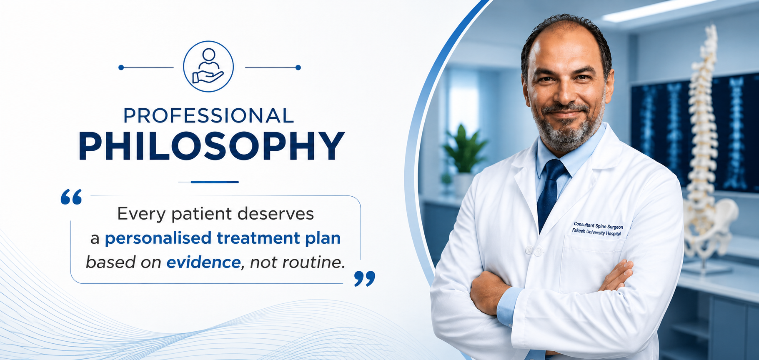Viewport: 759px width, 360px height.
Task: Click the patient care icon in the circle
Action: click(208, 66)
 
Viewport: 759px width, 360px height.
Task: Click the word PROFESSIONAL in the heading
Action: click(209, 116)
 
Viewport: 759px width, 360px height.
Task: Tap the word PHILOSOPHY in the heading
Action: click(212, 146)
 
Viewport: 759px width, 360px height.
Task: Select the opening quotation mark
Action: click(71, 197)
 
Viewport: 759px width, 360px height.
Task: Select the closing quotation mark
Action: click(365, 278)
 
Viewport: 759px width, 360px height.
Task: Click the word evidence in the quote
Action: click(203, 262)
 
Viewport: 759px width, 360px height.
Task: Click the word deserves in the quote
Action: click(276, 214)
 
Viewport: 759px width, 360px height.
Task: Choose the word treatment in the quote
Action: click(258, 238)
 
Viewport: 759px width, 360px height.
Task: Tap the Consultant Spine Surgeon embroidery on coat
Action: click(599, 225)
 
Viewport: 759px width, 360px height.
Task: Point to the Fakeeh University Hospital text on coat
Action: click(596, 232)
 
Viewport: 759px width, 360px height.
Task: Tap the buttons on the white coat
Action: click(534, 251)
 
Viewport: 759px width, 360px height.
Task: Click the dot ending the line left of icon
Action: click(121, 67)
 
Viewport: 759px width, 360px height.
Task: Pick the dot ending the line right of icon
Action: click(298, 67)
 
